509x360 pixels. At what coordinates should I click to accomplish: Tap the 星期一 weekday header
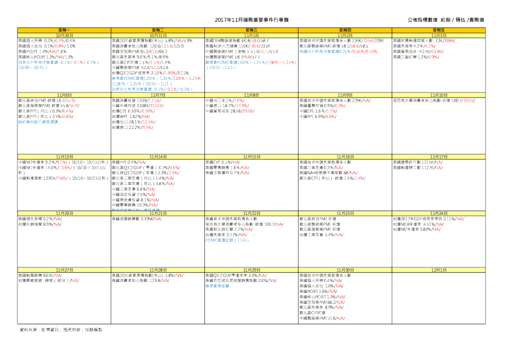click(65, 29)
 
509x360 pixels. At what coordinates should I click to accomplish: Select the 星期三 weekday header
click(252, 29)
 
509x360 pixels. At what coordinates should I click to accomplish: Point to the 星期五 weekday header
click(439, 29)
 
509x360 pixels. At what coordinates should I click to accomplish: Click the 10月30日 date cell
click(65, 35)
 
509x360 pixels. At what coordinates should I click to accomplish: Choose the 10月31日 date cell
click(158, 35)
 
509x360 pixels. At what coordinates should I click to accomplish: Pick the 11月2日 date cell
click(346, 35)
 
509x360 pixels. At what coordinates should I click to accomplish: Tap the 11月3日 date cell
click(439, 35)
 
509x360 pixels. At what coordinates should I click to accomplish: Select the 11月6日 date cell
click(65, 95)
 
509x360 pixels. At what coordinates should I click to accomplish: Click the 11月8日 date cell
click(252, 95)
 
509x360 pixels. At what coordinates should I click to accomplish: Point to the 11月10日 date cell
click(439, 95)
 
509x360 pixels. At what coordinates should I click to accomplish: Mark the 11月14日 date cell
click(158, 157)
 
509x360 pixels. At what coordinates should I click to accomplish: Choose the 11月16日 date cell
click(346, 157)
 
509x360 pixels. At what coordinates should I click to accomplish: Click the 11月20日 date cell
click(65, 213)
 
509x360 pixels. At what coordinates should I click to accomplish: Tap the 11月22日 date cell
click(252, 213)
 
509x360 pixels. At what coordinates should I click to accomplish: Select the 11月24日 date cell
click(439, 213)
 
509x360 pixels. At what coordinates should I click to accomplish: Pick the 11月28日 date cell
click(158, 269)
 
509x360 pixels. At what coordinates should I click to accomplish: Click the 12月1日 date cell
click(439, 269)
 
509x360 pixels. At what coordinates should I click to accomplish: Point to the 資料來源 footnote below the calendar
click(61, 330)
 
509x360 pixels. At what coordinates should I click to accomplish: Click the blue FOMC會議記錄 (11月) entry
click(227, 240)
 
